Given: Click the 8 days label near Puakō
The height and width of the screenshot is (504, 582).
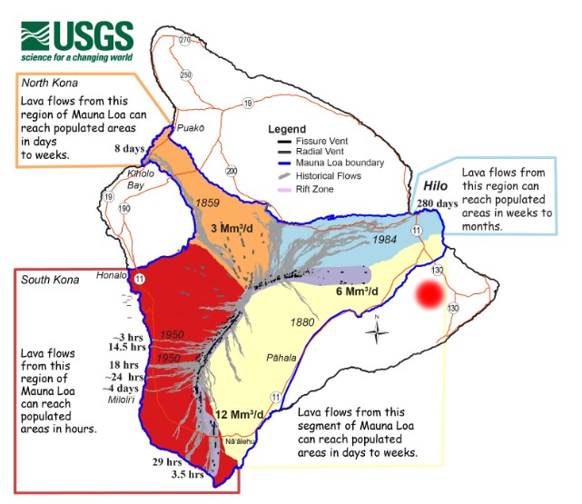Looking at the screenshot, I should [x=129, y=148].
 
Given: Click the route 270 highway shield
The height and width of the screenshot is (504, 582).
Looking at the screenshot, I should [x=185, y=41].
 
